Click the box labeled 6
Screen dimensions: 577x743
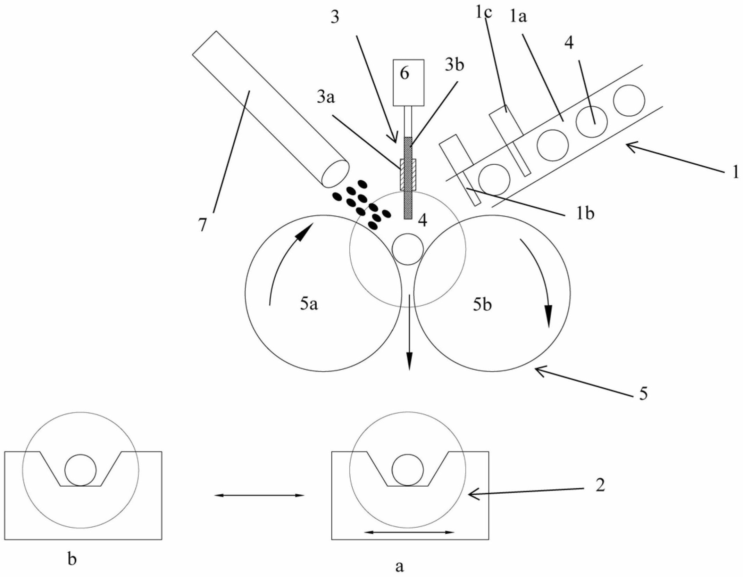(x=408, y=82)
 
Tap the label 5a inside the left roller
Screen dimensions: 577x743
(x=309, y=305)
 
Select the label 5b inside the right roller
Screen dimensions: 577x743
(x=483, y=305)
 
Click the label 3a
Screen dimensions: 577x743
(x=325, y=98)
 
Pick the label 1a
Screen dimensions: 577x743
(x=518, y=17)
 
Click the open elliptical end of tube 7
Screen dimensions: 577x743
(x=335, y=173)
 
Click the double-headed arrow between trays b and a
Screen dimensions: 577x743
(x=259, y=495)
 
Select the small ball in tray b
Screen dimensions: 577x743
(x=80, y=470)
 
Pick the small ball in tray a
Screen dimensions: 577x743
(x=407, y=470)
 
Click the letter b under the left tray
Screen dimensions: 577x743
(x=72, y=560)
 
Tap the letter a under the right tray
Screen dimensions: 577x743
(x=400, y=567)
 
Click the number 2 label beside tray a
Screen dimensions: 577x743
(x=600, y=485)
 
